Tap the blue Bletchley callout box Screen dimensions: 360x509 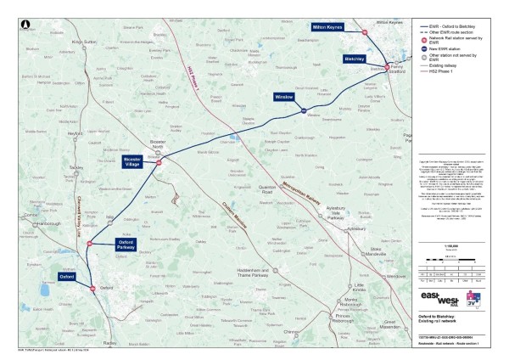(355, 59)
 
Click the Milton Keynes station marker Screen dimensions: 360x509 (365, 31)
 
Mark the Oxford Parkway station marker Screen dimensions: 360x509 (87, 244)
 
